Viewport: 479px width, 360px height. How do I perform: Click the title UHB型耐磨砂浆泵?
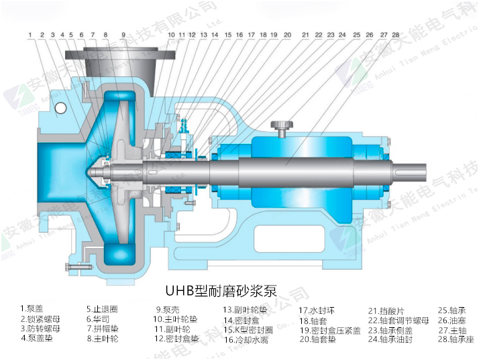coord(221,292)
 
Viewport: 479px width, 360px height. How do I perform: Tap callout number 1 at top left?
coord(30,34)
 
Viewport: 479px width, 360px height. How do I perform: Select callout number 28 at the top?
coord(396,34)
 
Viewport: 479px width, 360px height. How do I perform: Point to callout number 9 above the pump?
coord(123,34)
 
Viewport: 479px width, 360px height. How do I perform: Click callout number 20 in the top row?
coord(287,34)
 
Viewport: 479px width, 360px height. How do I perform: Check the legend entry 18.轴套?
coord(313,320)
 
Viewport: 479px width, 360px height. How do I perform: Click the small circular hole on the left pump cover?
coord(61,107)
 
